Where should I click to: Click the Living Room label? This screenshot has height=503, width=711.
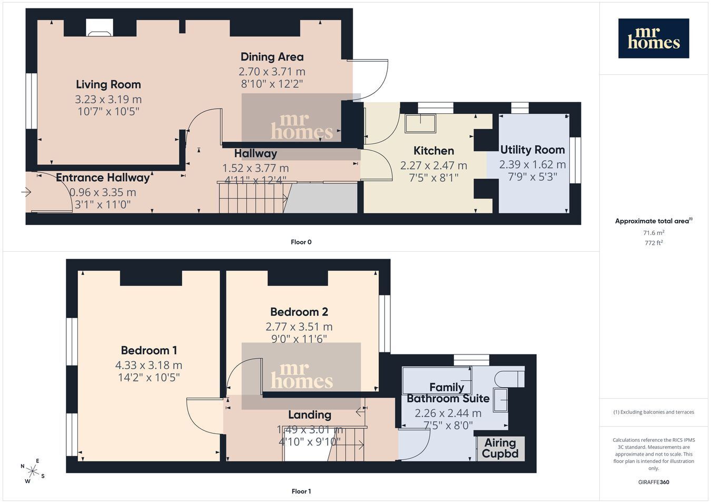[x=108, y=85]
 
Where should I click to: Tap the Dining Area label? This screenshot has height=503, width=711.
[x=272, y=57]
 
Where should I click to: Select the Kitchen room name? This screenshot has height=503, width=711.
[x=433, y=151]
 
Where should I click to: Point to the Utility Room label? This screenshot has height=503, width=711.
[x=532, y=150]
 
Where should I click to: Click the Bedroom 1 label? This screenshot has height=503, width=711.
[x=149, y=350]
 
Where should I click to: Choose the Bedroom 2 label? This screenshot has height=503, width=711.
[x=299, y=312]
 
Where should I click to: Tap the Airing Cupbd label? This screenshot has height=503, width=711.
[x=500, y=448]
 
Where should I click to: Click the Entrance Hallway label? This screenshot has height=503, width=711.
[x=103, y=177]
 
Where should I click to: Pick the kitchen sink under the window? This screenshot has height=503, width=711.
[x=420, y=123]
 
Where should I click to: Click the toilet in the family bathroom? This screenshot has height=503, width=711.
[x=508, y=378]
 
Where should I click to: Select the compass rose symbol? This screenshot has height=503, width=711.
[x=32, y=471]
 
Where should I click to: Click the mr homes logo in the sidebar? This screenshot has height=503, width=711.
[x=654, y=38]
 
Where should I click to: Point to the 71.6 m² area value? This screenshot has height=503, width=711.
[x=654, y=233]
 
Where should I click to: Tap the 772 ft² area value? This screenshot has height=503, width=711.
[x=654, y=243]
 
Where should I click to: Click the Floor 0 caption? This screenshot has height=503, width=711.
[x=301, y=242]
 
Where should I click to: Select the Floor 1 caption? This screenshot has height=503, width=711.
[x=301, y=491]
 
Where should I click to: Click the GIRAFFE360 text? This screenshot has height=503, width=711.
[x=654, y=482]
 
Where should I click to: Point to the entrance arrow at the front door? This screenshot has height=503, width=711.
[x=26, y=192]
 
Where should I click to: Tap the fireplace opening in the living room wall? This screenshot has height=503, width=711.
[x=100, y=27]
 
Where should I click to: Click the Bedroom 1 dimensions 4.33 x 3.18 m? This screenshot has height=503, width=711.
[x=149, y=366]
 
